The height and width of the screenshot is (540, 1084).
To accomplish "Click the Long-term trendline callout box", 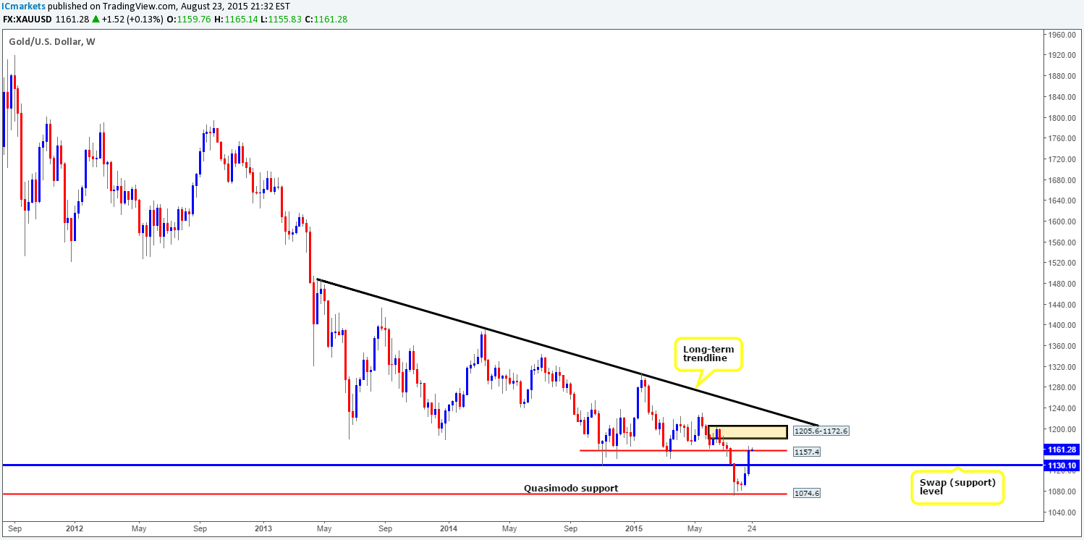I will pos(708,355).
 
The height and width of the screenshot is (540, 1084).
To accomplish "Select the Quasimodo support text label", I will pos(571,489).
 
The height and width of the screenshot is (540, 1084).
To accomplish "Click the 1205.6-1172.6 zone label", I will pos(820,431).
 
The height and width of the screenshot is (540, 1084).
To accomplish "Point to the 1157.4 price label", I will pos(806,452).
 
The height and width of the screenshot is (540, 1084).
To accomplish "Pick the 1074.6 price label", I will pos(806,494).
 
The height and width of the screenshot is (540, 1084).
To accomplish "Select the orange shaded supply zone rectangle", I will pos(748,432).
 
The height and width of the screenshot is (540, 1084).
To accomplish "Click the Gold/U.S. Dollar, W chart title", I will pos(51,42).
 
